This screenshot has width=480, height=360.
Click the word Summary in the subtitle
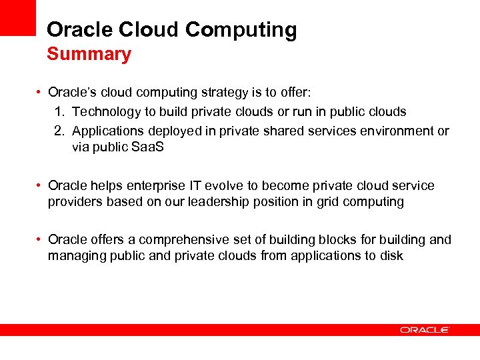[89, 54]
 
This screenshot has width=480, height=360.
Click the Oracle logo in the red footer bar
[425, 329]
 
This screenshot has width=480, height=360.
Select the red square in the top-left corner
[17, 17]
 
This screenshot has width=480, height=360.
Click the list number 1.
[59, 111]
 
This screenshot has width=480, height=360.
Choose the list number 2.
[59, 131]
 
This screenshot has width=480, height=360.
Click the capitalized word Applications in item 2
[108, 131]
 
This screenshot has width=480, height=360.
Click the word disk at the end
[390, 255]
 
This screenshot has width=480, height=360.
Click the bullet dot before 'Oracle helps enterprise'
[41, 185]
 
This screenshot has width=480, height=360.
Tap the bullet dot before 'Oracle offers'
[41, 239]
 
